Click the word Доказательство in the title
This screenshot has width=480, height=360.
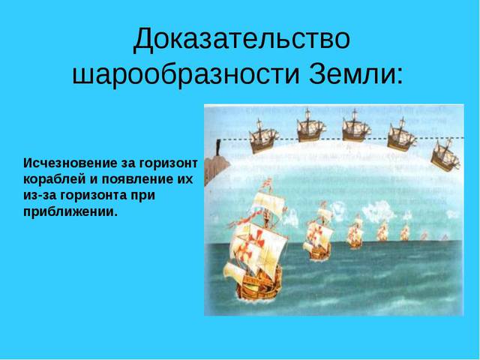[241, 39]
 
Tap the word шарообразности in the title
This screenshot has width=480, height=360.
[185, 73]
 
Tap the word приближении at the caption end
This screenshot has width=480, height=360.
[70, 211]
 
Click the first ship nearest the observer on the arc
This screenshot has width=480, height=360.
[263, 136]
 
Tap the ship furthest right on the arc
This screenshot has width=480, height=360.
[445, 155]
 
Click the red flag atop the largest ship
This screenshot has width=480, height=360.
[268, 183]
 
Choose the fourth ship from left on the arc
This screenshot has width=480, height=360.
[401, 134]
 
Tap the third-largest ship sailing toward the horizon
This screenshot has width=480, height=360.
[355, 232]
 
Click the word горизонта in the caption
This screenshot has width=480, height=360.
[94, 195]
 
